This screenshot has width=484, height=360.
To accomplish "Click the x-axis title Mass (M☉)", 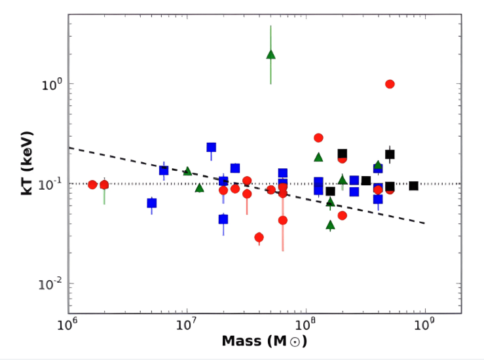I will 264,341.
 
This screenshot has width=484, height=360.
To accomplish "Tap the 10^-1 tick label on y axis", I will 51,183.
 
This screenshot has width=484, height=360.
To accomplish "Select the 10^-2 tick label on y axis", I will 51,283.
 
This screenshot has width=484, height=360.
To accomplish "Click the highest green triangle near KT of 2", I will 270,54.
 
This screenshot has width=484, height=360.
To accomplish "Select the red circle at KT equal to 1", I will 390,84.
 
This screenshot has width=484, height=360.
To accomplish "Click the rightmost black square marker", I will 413,186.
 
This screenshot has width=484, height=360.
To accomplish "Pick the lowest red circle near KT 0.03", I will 259,237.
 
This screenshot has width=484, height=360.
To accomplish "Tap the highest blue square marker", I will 211,147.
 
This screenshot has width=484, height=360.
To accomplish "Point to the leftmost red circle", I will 92,185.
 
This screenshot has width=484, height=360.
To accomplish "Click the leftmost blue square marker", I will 152,203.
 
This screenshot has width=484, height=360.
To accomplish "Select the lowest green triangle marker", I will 331,225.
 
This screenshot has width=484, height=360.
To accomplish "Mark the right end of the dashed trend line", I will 425,223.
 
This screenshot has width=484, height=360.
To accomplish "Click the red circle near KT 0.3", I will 318,137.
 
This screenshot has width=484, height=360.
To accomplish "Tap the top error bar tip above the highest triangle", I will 270,26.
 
